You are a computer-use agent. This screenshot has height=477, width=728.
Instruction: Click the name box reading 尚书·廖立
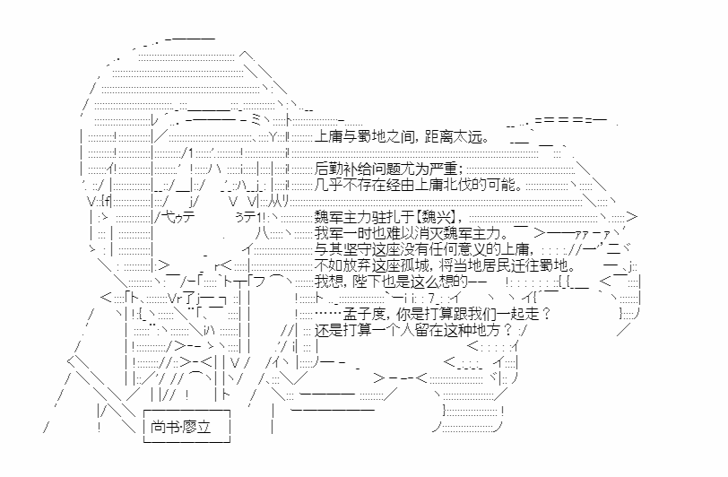click(187, 426)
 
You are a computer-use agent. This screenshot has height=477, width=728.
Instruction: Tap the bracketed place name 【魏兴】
click(436, 216)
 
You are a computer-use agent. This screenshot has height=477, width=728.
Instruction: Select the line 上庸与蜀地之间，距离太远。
click(402, 137)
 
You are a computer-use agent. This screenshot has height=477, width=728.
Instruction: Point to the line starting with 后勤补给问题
click(388, 169)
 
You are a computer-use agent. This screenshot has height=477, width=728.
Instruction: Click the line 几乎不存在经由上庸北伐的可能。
click(419, 185)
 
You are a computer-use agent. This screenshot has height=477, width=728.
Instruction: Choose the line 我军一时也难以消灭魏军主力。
click(412, 232)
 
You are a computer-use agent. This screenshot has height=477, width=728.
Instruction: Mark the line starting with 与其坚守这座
click(421, 249)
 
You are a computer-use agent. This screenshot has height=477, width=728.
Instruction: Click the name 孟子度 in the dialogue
click(365, 314)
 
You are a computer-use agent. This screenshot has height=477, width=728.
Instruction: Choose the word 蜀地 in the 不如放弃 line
click(553, 265)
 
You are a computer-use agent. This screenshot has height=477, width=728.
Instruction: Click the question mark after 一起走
click(546, 314)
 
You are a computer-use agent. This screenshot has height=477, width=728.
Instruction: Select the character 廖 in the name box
click(189, 427)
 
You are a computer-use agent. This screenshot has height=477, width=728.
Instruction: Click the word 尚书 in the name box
click(164, 427)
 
